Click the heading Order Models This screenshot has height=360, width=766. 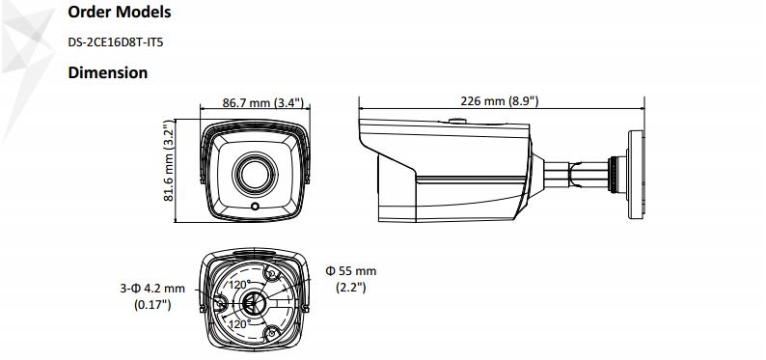pyautogui.click(x=120, y=13)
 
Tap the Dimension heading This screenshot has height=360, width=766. pyautogui.click(x=107, y=72)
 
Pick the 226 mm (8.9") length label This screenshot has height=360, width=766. pyautogui.click(x=499, y=100)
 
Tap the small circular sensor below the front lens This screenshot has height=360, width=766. pyautogui.click(x=256, y=206)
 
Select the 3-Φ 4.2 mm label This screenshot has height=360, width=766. pyautogui.click(x=152, y=288)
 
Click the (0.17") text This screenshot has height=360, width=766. pyautogui.click(x=152, y=305)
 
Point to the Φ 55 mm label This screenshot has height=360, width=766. pyautogui.click(x=351, y=270)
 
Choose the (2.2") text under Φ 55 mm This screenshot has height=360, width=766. pyautogui.click(x=348, y=288)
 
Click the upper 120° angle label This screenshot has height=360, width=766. pyautogui.click(x=239, y=285)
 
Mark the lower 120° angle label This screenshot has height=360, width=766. pyautogui.click(x=239, y=324)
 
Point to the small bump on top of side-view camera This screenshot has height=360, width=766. pyautogui.click(x=454, y=121)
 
